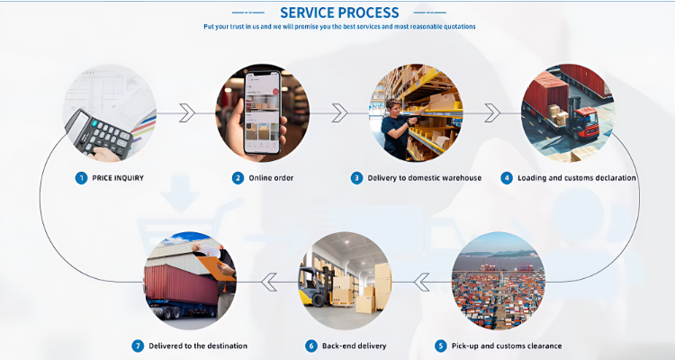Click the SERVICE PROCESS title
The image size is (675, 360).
[339, 13]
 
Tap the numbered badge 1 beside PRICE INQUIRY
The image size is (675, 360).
[81, 177]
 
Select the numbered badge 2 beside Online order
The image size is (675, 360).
[238, 177]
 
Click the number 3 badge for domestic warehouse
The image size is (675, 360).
[357, 177]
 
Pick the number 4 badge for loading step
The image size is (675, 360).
[507, 177]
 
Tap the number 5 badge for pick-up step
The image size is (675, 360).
[440, 346]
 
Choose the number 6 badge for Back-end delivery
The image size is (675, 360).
[311, 346]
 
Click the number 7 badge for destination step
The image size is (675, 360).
[138, 346]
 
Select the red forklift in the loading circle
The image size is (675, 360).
[586, 122]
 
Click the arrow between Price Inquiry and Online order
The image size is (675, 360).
[186, 112]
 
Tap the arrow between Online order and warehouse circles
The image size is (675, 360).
[339, 112]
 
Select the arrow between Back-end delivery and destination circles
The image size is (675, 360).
[268, 283]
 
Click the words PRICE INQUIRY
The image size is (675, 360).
[118, 177]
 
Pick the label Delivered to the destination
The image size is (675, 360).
[197, 346]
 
